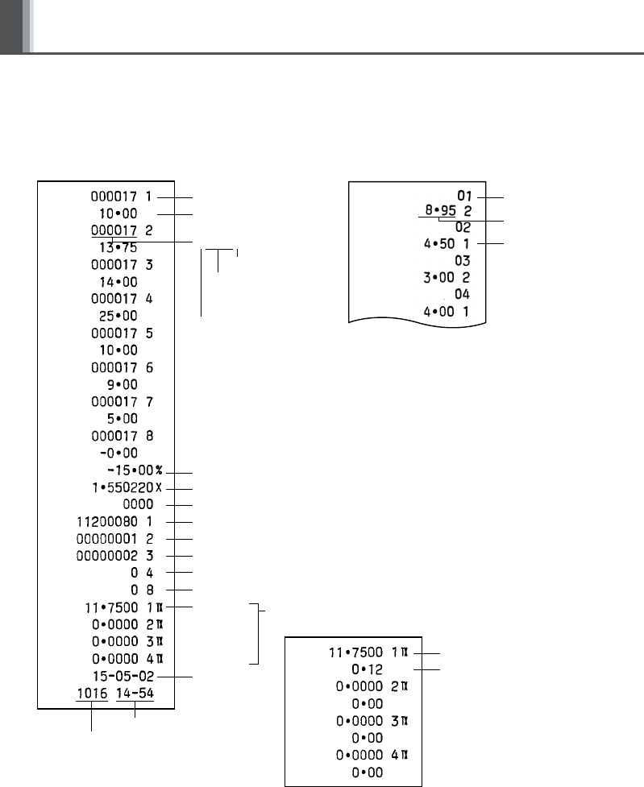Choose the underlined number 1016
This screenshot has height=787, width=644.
point(92,693)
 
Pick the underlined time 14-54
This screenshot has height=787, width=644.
point(135,693)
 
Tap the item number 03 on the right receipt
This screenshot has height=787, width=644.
point(462,261)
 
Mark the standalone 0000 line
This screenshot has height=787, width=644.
point(137,504)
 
